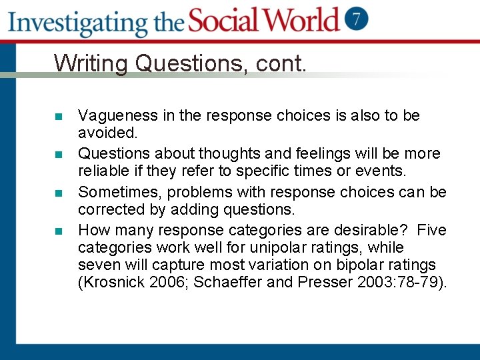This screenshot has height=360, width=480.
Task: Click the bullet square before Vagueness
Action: coord(59,117)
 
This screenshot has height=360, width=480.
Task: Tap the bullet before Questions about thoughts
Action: coord(59,155)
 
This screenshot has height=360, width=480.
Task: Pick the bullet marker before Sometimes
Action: coord(59,193)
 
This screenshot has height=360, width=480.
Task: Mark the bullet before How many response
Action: coord(59,231)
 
